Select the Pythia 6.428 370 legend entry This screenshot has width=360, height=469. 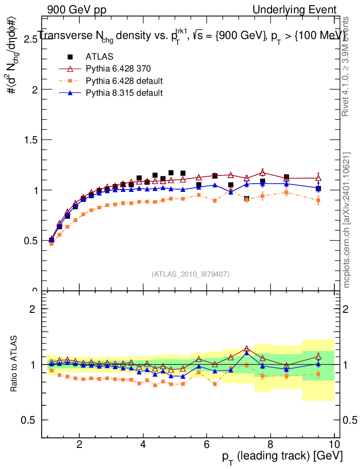click(x=118, y=69)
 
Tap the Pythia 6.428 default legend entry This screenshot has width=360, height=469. click(x=124, y=81)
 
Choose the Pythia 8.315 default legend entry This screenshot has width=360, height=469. click(x=124, y=93)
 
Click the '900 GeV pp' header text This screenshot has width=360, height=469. click(x=76, y=10)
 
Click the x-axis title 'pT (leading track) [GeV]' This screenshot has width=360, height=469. click(x=283, y=456)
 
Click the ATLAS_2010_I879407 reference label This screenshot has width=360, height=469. click(x=191, y=274)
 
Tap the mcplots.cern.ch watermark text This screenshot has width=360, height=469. click(x=347, y=220)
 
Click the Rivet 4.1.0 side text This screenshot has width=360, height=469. click(x=347, y=66)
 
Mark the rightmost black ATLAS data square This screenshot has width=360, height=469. click(x=318, y=189)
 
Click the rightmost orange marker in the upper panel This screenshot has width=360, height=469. click(x=318, y=200)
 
